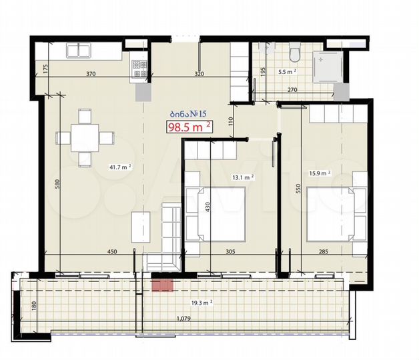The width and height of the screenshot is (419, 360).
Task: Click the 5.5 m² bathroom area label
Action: (x=287, y=71)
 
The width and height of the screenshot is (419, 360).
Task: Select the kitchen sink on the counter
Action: (x=79, y=50)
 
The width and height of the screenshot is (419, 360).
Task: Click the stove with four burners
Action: (x=139, y=65)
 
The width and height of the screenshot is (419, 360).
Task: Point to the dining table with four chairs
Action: (x=85, y=139)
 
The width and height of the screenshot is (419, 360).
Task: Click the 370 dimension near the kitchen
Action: (x=91, y=74)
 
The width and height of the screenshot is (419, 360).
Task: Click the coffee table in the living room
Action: (x=141, y=227)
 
